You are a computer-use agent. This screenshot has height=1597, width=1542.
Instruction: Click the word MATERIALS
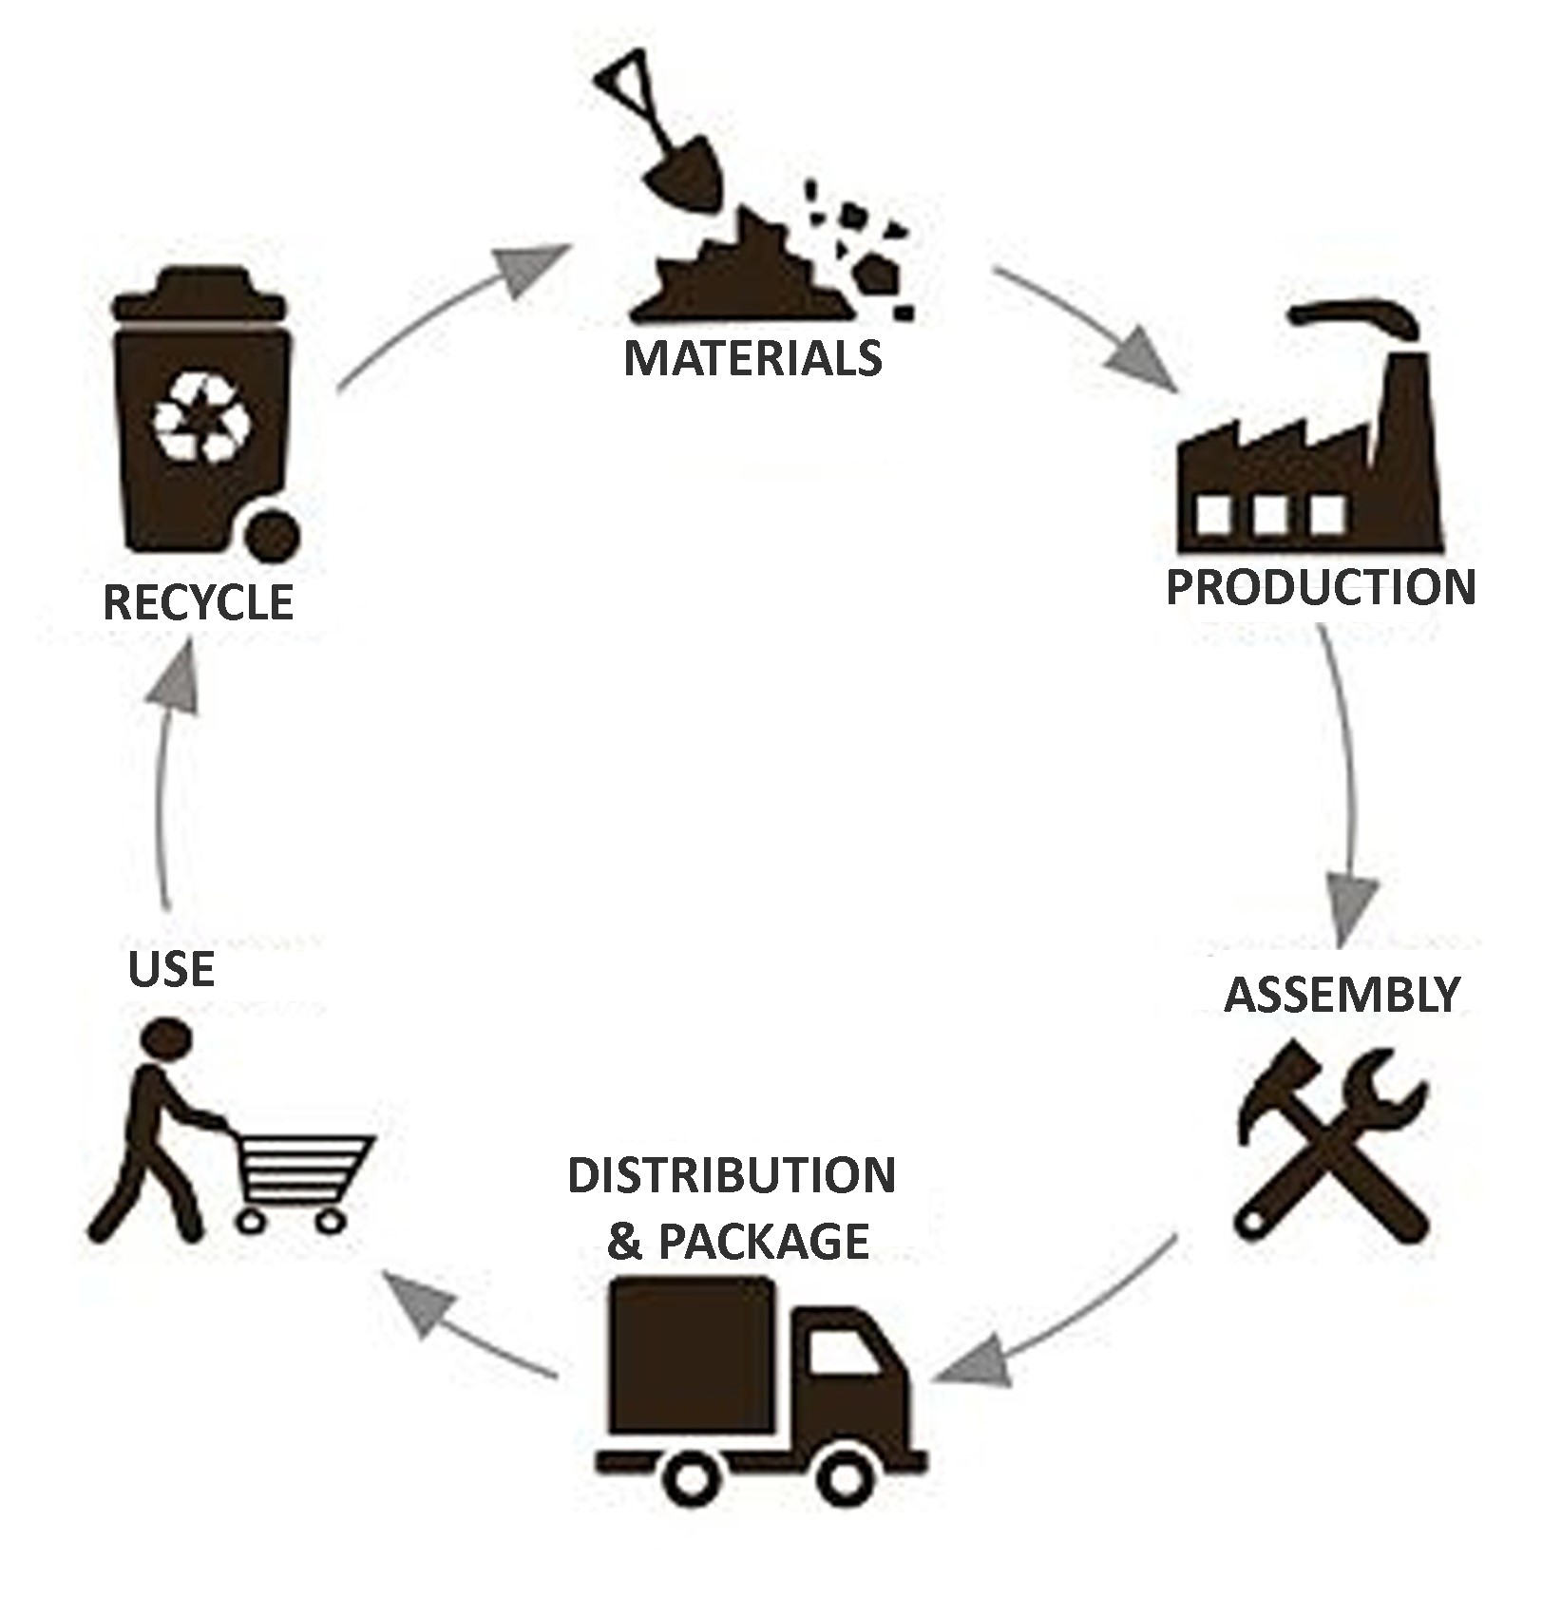click(752, 359)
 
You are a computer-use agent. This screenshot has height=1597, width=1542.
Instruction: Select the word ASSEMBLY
click(1342, 995)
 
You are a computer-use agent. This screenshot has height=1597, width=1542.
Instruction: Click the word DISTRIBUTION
click(732, 1176)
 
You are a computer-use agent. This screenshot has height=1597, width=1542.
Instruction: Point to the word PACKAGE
click(764, 1242)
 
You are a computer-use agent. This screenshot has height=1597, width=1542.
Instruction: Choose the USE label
click(171, 969)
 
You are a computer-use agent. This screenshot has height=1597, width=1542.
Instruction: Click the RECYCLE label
click(198, 602)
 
